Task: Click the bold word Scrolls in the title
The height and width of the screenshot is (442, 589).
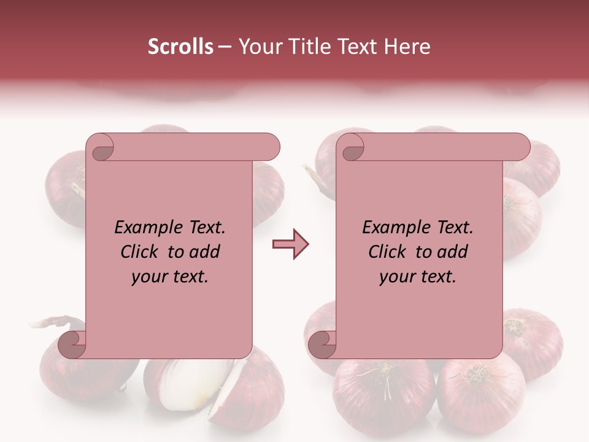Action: (180, 47)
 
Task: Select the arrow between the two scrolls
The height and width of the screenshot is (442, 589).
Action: (290, 244)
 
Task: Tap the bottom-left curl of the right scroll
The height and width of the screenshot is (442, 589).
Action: (322, 344)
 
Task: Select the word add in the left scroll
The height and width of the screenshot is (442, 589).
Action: (206, 252)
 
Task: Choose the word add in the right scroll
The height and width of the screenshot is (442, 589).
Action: (453, 252)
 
